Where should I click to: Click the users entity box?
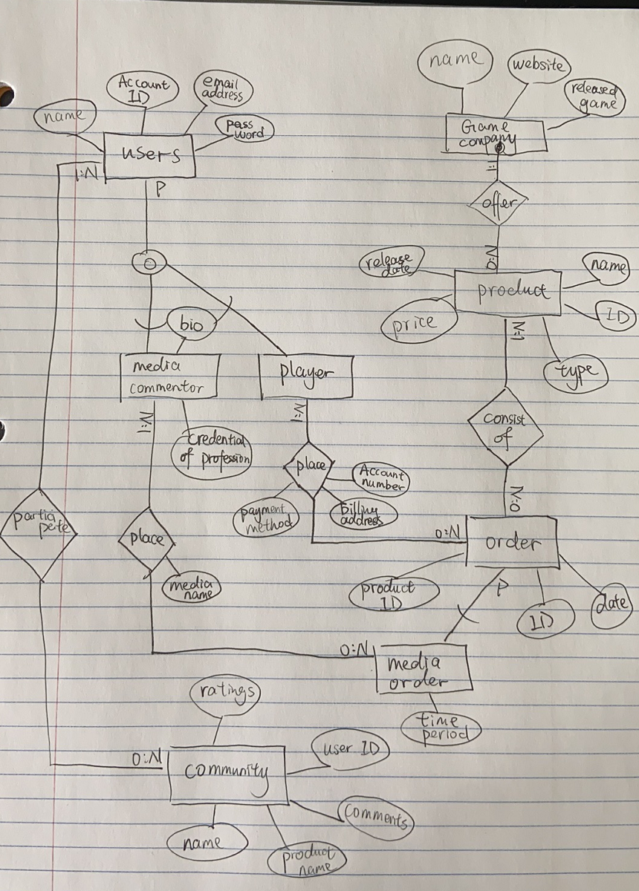pyautogui.click(x=149, y=155)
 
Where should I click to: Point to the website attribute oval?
pyautogui.click(x=537, y=65)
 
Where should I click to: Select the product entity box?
pyautogui.click(x=508, y=291)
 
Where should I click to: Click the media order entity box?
pyautogui.click(x=423, y=670)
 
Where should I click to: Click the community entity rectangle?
pyautogui.click(x=227, y=774)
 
